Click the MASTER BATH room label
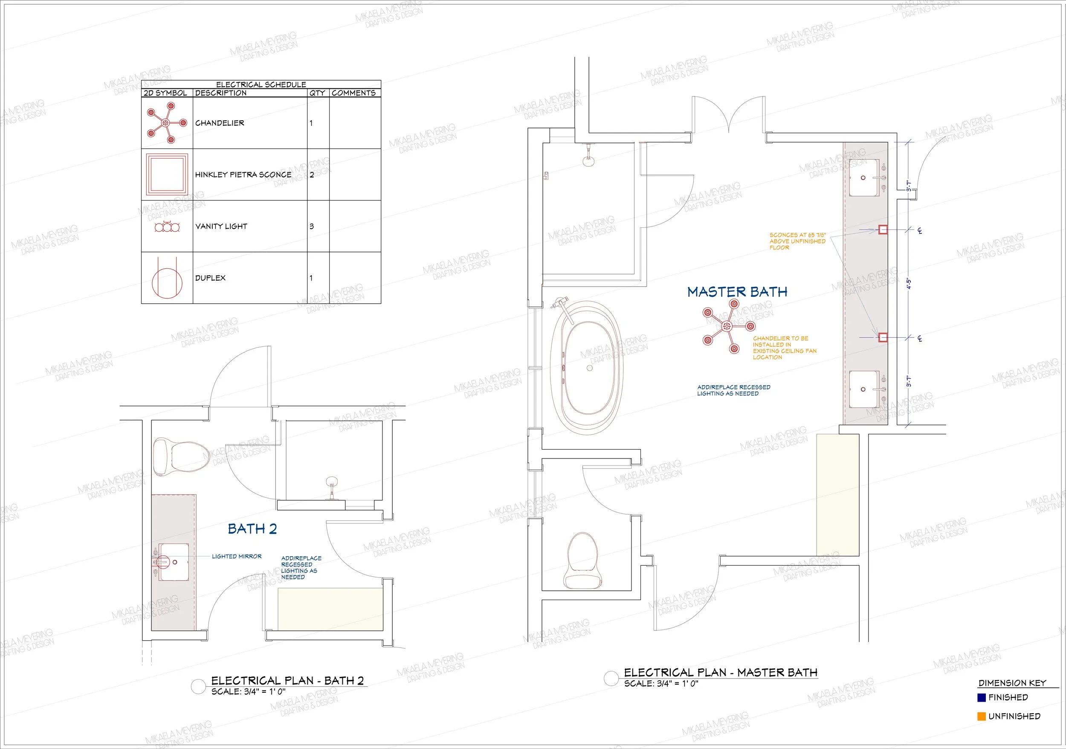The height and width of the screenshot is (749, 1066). pos(737,292)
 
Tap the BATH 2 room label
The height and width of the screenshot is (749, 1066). pos(252,529)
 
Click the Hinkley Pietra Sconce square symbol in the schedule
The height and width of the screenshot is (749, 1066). pos(167,174)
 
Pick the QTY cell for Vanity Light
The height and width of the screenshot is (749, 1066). pos(318,226)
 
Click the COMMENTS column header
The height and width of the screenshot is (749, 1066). pos(354,93)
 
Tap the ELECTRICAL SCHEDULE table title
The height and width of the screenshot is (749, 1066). pos(261,84)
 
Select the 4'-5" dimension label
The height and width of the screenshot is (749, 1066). pos(909,284)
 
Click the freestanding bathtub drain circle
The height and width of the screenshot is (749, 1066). pos(590,368)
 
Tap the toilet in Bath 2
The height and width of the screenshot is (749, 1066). pos(181,456)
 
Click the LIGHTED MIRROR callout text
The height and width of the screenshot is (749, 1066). pos(237,556)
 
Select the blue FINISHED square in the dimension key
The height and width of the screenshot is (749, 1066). pos(982,697)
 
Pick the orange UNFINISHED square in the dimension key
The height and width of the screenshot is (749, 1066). pos(982,717)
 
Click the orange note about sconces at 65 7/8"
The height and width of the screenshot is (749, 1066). pos(798,241)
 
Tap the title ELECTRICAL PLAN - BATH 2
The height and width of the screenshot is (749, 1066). pos(287,681)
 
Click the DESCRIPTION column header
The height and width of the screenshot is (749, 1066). pos(221,93)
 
